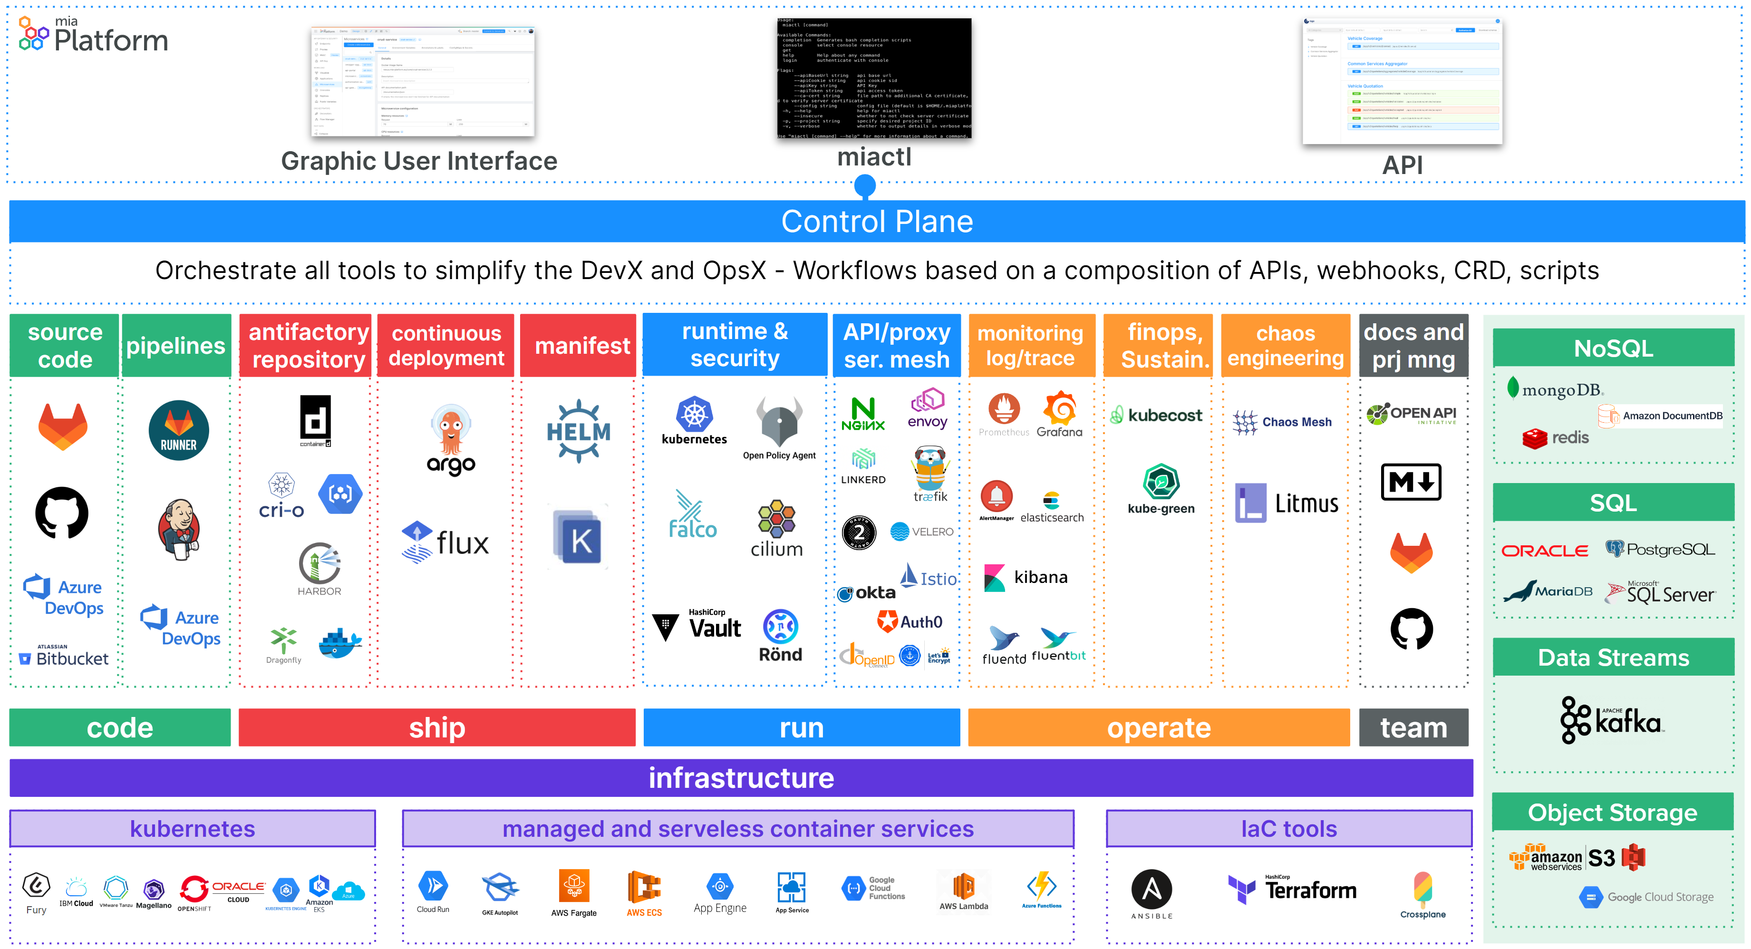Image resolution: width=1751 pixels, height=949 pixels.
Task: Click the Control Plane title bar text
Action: [876, 222]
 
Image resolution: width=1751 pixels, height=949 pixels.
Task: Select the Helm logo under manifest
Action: [579, 431]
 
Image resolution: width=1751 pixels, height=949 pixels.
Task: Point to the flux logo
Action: [445, 542]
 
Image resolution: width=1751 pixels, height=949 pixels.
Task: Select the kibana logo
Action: [1026, 578]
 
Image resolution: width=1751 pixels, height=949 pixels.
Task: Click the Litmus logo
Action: [1287, 503]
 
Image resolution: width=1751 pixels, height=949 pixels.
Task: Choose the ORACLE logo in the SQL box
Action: [1544, 551]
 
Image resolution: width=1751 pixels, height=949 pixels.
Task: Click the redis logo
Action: [1555, 438]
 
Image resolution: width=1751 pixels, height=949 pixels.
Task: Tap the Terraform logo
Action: [1292, 889]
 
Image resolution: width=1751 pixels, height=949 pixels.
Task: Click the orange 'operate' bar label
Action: [1158, 728]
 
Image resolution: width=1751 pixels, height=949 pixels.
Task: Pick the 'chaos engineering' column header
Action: [1286, 345]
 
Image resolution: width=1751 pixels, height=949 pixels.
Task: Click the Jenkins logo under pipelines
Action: [179, 529]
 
